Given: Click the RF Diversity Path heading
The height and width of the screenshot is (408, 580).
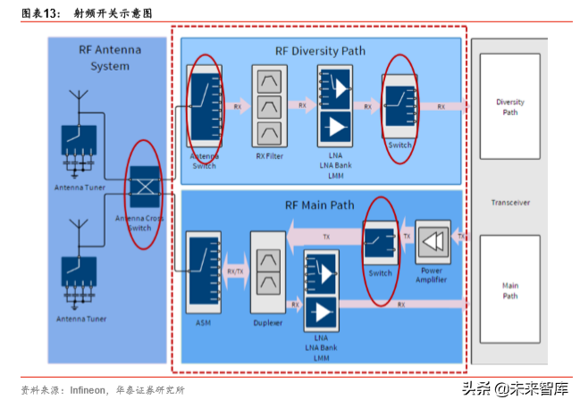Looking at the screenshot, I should [321, 50].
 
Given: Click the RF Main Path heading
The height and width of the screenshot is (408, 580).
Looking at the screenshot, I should [319, 204].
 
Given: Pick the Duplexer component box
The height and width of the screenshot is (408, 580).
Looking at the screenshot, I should [267, 271].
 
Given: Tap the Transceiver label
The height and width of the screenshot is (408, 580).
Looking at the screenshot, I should [509, 203].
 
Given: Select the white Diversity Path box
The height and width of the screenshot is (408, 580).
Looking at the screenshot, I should [509, 107].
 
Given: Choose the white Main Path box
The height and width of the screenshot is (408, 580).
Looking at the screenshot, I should [509, 290].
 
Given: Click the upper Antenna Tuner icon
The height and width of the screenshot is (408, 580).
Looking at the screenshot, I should [80, 143].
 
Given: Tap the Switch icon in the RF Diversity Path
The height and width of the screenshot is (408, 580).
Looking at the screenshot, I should [399, 106].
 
